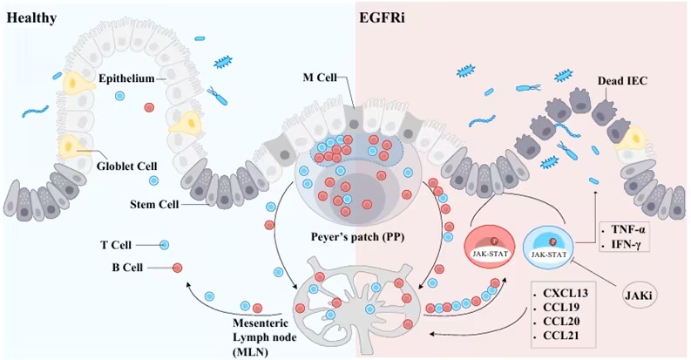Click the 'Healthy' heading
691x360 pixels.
click(x=31, y=18)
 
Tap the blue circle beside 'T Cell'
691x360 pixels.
click(x=165, y=246)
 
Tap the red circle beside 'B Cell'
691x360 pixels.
click(x=177, y=267)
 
